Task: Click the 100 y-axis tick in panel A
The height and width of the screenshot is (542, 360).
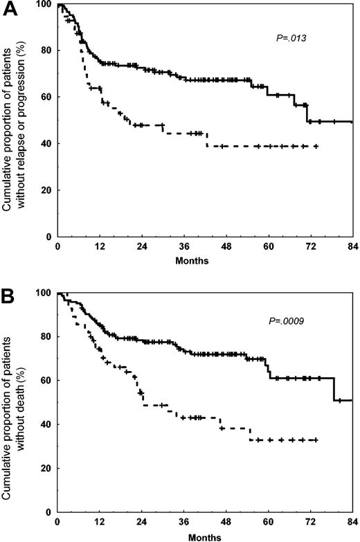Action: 45,5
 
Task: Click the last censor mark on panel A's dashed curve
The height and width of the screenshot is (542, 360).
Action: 316,146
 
